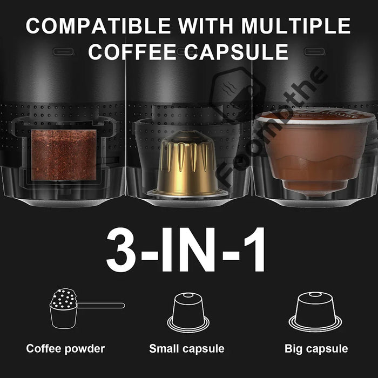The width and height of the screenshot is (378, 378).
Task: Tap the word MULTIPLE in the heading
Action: click(295, 25)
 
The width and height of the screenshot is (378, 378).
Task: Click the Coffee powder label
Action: click(65, 349)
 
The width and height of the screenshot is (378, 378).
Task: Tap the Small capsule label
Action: click(187, 349)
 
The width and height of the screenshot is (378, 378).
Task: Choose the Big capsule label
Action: click(316, 349)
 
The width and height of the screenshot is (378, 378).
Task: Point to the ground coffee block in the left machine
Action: click(63, 154)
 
